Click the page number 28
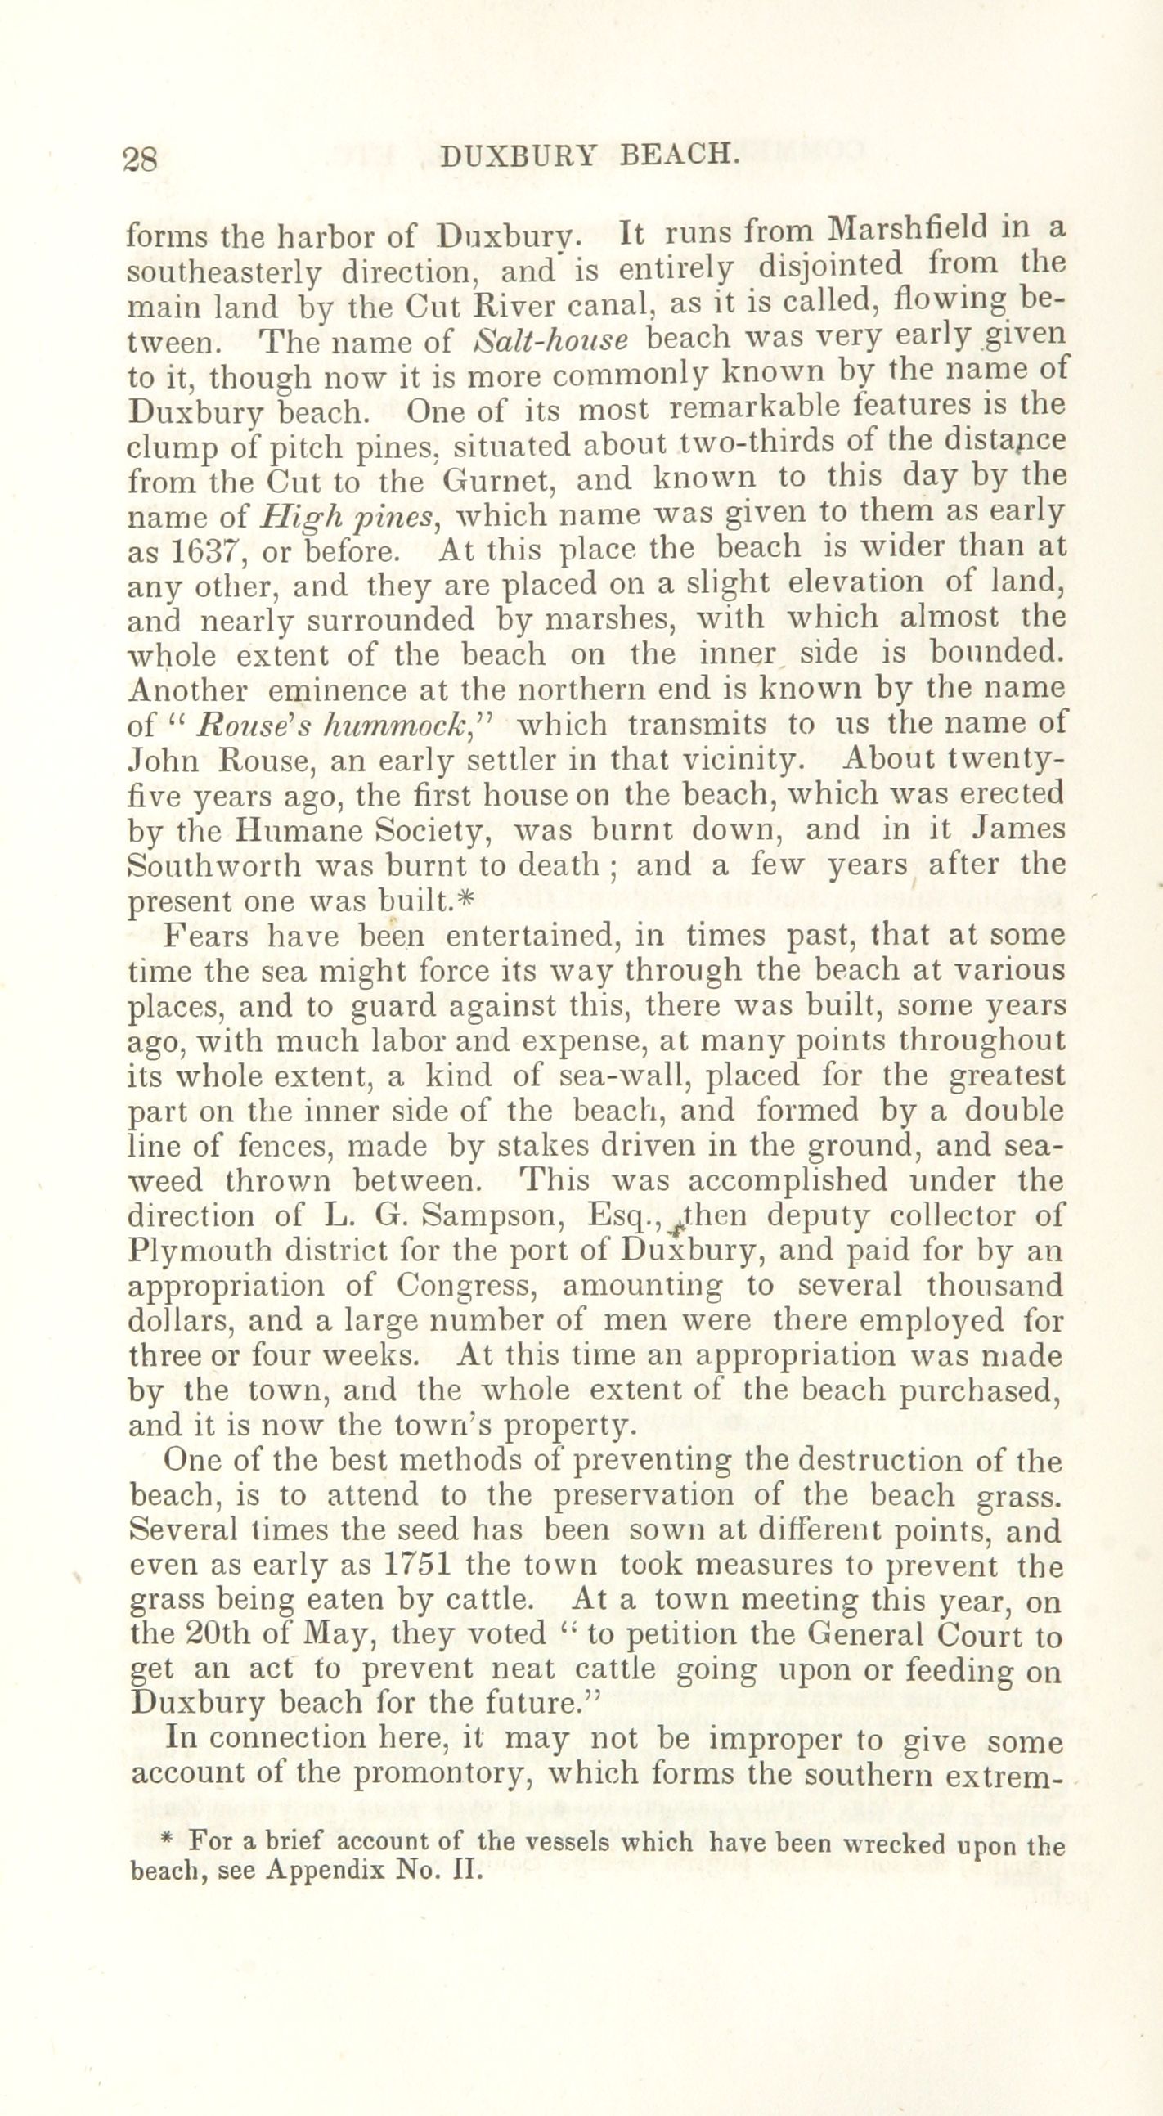tap(140, 158)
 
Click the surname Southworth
tap(216, 867)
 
